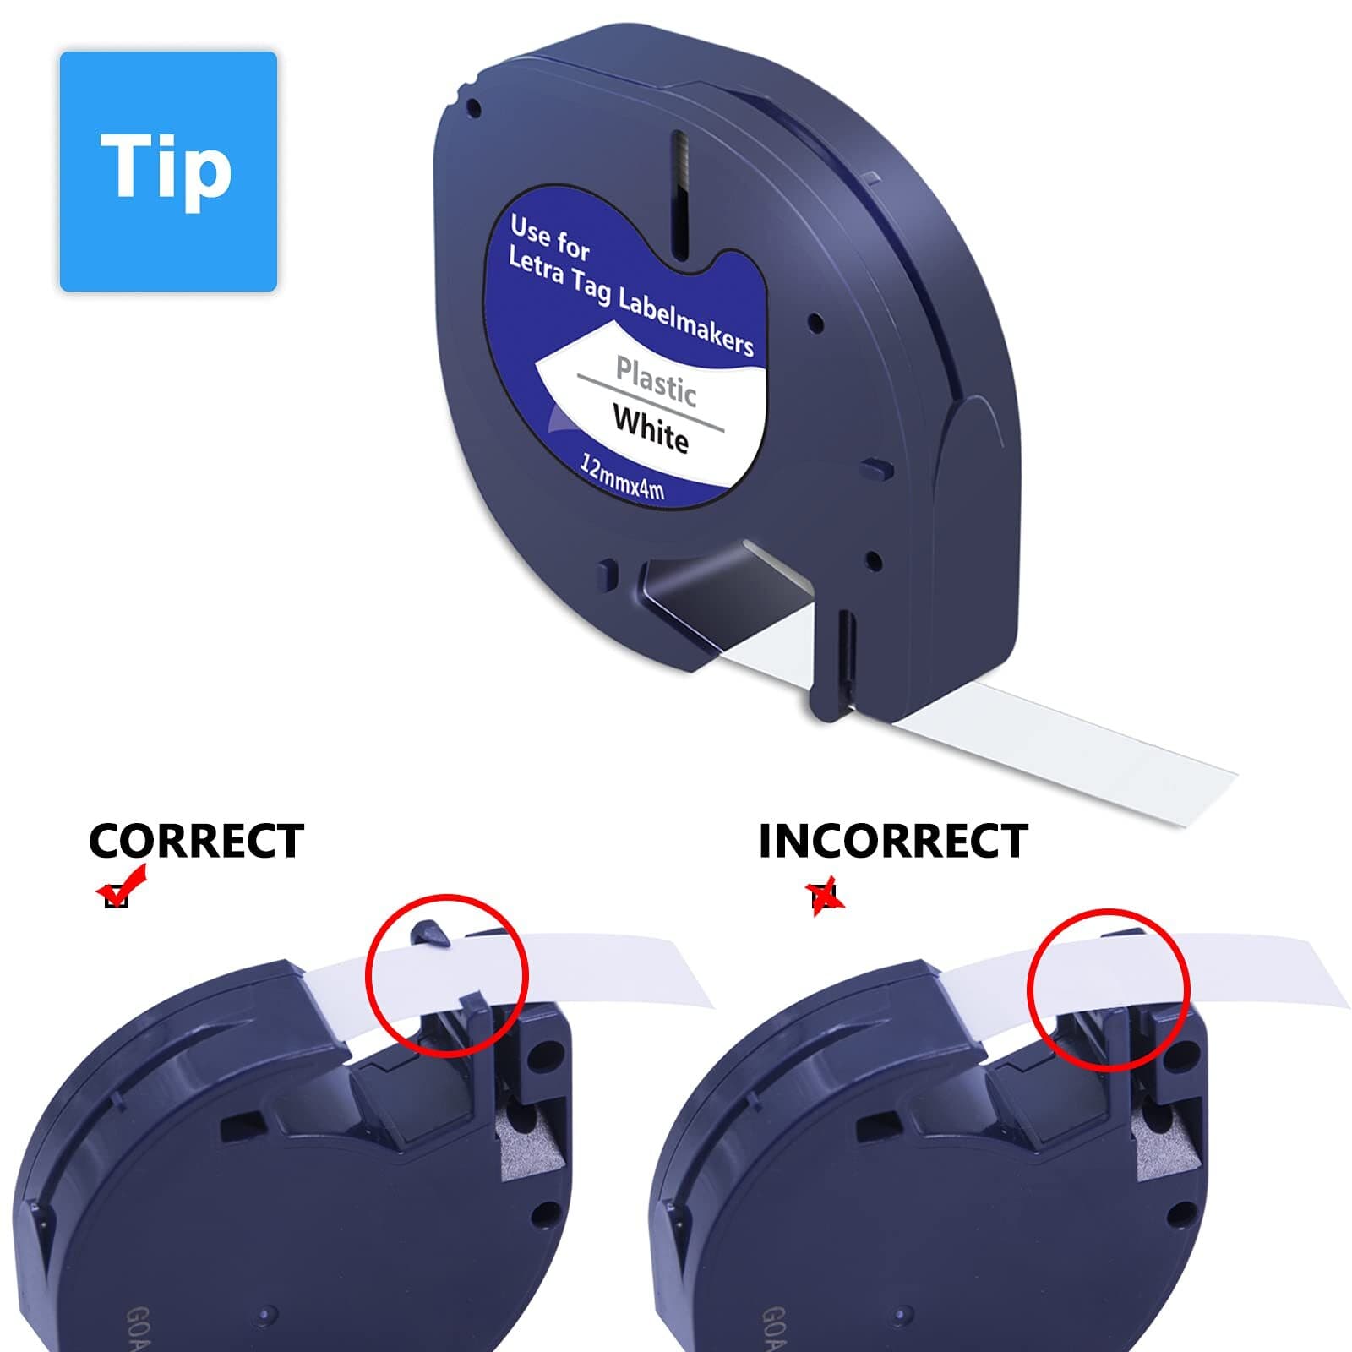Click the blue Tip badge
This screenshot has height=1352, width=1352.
(168, 172)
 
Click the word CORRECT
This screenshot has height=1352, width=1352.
(196, 842)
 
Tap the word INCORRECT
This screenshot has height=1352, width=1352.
(893, 842)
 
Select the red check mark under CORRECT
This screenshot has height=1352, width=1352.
(122, 886)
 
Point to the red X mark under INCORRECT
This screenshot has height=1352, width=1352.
(826, 896)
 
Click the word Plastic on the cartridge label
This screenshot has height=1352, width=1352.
(656, 381)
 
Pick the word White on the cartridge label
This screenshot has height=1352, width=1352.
(651, 429)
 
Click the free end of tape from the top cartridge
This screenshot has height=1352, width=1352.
(1200, 769)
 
